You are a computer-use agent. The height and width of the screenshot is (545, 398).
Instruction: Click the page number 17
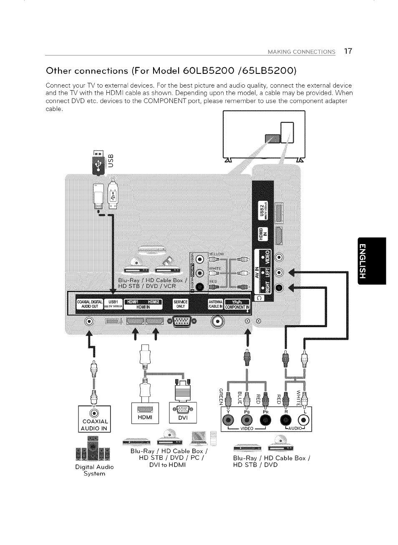[348, 51]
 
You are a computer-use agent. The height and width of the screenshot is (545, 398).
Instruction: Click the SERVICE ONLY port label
[181, 304]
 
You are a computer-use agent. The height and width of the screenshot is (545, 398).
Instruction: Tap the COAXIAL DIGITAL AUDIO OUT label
[87, 304]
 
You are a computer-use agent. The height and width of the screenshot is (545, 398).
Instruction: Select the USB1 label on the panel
[113, 304]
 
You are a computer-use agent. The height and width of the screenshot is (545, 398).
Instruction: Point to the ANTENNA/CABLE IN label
[216, 304]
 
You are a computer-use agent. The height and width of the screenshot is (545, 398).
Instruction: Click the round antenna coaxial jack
[218, 321]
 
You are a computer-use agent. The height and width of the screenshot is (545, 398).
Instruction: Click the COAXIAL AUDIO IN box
[94, 419]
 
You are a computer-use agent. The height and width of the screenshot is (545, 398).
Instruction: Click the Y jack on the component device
[228, 419]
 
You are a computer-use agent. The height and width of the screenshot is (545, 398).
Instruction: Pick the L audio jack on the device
[305, 419]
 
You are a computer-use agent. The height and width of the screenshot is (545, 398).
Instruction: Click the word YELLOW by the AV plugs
[216, 254]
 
